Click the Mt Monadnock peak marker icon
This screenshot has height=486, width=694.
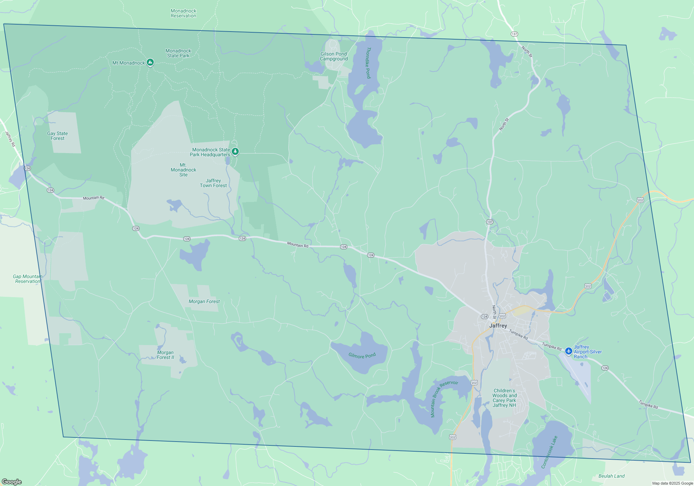150,62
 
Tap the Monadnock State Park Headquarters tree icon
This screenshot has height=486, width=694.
235,151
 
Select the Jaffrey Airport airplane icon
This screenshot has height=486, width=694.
568,351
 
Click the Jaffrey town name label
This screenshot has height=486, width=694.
498,326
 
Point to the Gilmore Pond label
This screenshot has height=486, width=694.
362,356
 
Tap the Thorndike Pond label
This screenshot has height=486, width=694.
369,63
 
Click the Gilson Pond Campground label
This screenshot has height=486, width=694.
334,57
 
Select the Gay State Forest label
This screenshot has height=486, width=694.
58,136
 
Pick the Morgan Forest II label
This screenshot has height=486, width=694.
166,355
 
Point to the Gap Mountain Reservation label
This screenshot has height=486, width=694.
28,279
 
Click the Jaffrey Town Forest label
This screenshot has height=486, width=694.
213,183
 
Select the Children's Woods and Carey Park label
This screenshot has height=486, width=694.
505,398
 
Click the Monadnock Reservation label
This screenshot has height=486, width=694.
184,14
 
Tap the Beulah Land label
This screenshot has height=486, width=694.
611,476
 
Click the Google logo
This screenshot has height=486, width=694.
12,481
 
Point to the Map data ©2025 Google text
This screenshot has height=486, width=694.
672,483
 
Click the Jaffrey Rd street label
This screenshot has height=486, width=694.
10,139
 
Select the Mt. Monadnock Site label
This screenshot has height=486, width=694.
183,170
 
